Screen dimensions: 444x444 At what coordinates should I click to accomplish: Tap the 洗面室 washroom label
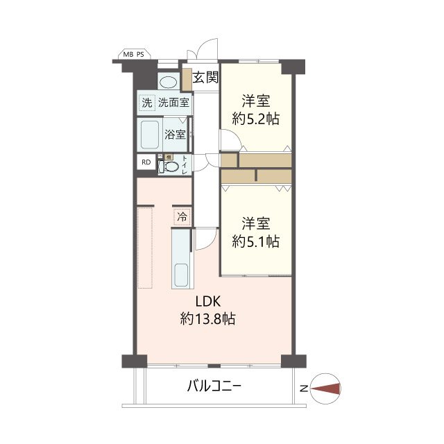coord(173,103)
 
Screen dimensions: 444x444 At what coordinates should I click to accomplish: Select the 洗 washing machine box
coord(146,103)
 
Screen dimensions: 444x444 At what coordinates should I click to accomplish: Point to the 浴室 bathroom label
coord(175,135)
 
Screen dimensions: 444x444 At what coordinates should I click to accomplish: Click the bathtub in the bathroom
coord(149,135)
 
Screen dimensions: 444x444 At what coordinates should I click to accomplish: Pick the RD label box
coord(146,163)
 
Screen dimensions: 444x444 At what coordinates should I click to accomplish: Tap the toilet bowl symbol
coord(170,166)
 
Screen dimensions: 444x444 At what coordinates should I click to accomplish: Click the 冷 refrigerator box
coord(182,216)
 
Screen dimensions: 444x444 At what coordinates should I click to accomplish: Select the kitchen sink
coord(181,275)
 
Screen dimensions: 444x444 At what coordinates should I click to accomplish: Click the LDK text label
coord(208,302)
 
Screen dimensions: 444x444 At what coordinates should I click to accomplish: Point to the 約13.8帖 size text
coord(208,320)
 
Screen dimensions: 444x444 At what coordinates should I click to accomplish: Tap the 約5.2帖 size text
coord(255,119)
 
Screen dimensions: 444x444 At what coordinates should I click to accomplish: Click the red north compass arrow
coord(325,389)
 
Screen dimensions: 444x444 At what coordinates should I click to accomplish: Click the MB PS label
coord(134,54)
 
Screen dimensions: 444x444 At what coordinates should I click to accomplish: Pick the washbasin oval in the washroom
coord(168,81)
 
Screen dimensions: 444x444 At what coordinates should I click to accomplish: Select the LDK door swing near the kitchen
coord(205,240)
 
